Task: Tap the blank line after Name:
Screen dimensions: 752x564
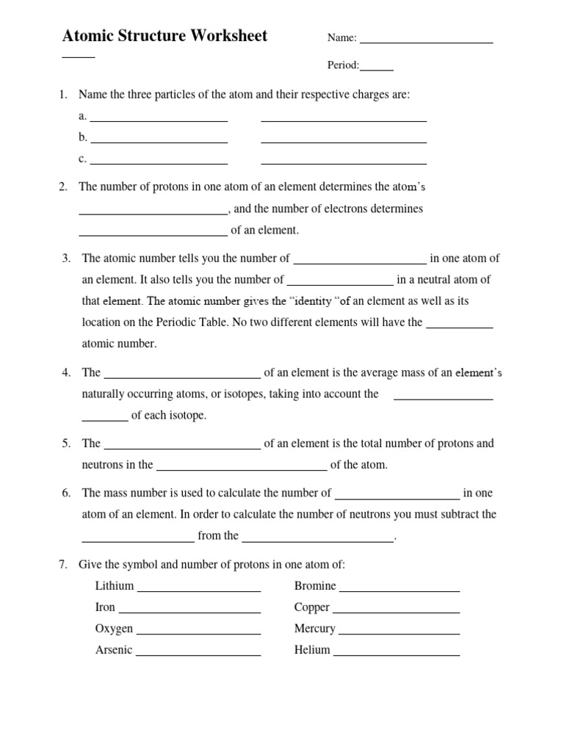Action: [426, 42]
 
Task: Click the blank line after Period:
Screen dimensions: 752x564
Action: [377, 69]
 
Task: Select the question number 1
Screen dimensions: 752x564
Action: [62, 95]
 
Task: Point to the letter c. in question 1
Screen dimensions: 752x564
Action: [82, 159]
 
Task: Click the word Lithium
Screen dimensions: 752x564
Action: [115, 586]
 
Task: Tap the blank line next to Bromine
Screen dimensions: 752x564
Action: [399, 590]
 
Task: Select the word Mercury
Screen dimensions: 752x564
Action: [314, 629]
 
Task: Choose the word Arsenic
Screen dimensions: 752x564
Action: [114, 650]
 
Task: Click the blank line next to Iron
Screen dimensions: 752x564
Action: [189, 611]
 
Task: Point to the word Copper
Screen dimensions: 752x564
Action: [311, 607]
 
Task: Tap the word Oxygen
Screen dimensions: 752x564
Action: [114, 629]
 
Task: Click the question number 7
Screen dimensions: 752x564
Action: [62, 565]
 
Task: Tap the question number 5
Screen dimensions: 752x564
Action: [65, 444]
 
